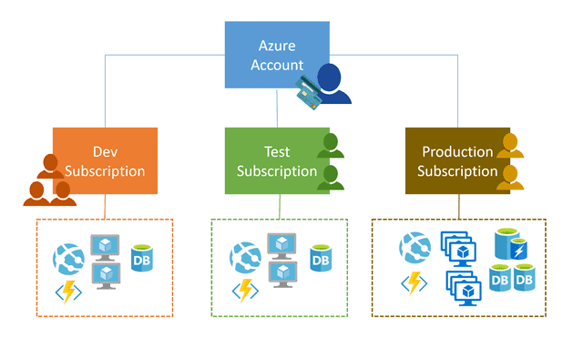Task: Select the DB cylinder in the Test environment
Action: coord(319,259)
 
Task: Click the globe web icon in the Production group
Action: coord(414,248)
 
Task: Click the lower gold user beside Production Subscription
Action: coord(510,177)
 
